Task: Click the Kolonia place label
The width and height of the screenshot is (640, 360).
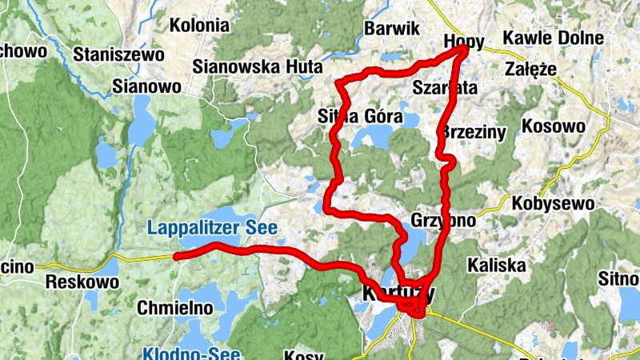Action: tap(199, 26)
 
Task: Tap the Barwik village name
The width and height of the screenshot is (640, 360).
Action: tap(391, 29)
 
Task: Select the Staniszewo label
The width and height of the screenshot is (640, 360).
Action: tap(118, 55)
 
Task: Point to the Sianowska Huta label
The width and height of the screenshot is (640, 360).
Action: tap(258, 66)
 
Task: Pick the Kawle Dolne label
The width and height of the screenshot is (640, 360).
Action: tap(553, 38)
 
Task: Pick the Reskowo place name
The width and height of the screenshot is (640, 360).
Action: tap(82, 282)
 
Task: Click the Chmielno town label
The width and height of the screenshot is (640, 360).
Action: tap(175, 307)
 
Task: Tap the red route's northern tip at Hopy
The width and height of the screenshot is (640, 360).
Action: tap(466, 50)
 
